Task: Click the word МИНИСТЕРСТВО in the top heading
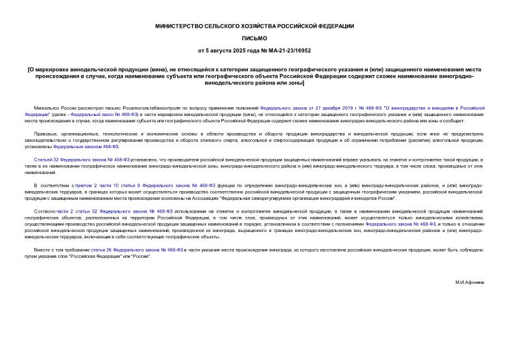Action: [x=178, y=26]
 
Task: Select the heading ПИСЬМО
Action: [x=254, y=38]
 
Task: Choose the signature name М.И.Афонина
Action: [x=469, y=282]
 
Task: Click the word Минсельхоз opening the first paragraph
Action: [x=46, y=108]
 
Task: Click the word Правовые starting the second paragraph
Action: [x=44, y=134]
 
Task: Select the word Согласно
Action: [x=45, y=211]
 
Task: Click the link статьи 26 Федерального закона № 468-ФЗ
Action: [x=136, y=250]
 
